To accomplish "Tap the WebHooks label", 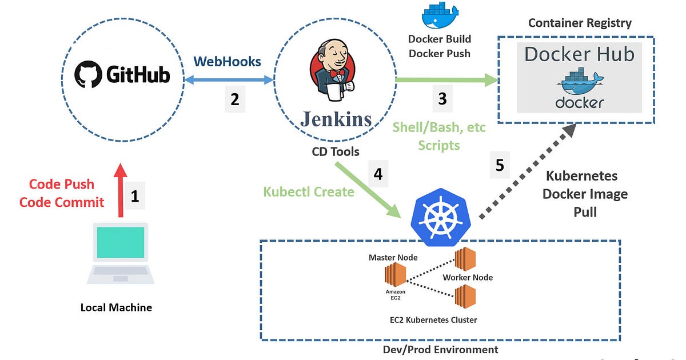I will [227, 61].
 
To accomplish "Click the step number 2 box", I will [234, 99].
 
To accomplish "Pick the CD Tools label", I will [336, 151].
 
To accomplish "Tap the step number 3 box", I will [442, 98].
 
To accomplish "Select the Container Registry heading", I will [580, 23].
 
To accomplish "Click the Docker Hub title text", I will [579, 54].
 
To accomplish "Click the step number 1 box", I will [134, 197].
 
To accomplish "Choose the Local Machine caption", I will [116, 307].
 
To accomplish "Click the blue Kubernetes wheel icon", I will [438, 217].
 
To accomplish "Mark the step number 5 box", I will [500, 165].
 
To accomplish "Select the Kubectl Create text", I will [309, 191].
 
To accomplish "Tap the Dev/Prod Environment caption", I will [440, 349].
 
